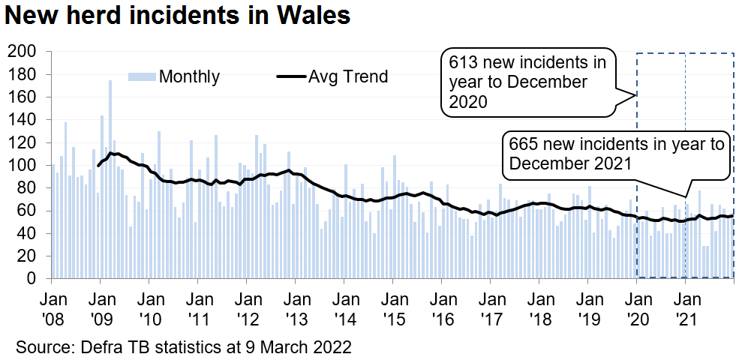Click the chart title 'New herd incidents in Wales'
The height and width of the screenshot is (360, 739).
[179, 15]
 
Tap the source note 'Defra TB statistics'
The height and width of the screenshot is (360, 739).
[143, 348]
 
